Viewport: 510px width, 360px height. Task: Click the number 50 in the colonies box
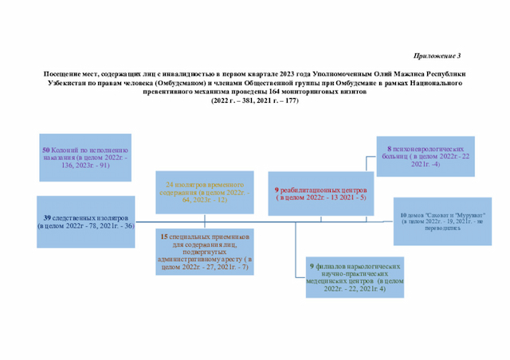pyautogui.click(x=45, y=150)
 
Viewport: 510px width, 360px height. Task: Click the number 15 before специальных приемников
pyautogui.click(x=164, y=237)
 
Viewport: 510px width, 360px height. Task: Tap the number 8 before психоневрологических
pyautogui.click(x=389, y=148)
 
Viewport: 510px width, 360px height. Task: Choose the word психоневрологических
pyautogui.click(x=428, y=148)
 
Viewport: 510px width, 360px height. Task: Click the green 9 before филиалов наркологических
pyautogui.click(x=311, y=266)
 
